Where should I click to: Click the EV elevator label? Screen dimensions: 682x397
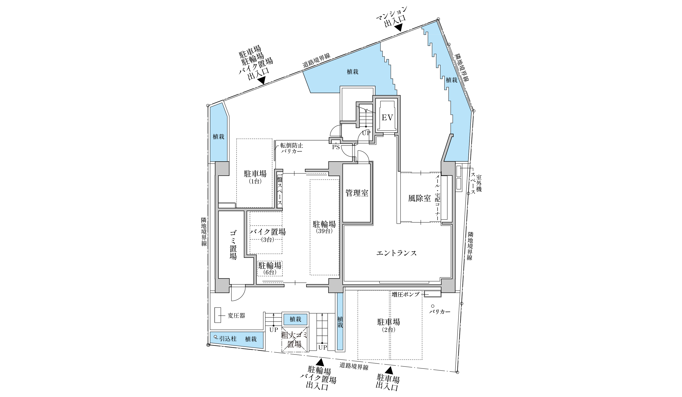[x=387, y=118]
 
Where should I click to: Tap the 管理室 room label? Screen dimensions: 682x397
[x=357, y=193]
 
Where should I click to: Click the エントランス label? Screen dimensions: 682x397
[x=397, y=253]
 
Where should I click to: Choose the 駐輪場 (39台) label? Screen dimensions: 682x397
[x=324, y=227]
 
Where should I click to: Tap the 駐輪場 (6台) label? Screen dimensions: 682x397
[x=270, y=268]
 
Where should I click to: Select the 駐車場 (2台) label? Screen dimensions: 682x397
[x=389, y=325]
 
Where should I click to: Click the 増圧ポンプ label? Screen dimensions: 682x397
[x=406, y=294]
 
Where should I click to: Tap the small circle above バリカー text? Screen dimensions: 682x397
[x=432, y=306]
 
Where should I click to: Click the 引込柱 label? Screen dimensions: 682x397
[x=228, y=339]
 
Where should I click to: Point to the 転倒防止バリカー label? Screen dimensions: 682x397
[x=291, y=148]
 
